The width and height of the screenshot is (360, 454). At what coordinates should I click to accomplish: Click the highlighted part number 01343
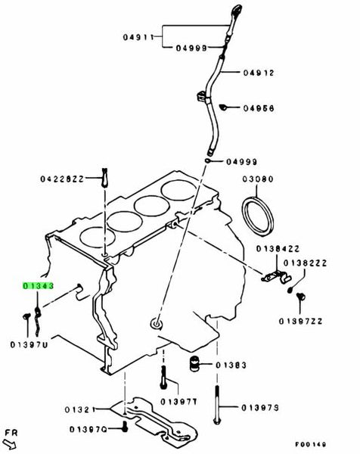tap(39, 286)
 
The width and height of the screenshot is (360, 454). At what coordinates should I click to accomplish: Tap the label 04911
tap(138, 37)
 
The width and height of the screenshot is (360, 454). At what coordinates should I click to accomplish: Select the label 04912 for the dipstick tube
tap(259, 73)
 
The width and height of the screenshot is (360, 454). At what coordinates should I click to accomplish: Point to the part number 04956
tap(259, 108)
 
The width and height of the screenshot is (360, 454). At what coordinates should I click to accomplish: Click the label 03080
tap(258, 179)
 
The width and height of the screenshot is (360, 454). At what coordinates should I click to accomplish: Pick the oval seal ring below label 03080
tap(257, 215)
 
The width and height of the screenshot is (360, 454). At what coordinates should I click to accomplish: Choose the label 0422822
tap(62, 179)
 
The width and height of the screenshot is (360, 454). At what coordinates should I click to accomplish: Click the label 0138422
tap(278, 249)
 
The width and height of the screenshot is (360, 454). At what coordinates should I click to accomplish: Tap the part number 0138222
tap(305, 263)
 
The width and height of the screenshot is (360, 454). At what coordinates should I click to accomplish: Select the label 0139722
tap(300, 322)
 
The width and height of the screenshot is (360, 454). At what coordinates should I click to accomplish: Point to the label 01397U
tap(29, 345)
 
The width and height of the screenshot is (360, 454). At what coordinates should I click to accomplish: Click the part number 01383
tap(231, 365)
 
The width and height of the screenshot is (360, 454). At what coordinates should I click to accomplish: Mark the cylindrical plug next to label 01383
tap(194, 364)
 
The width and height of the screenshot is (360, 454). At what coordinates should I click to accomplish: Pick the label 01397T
tap(178, 402)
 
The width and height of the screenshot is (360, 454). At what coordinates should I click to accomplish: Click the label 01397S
tap(260, 408)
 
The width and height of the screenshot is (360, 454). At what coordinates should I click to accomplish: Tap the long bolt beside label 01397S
tap(217, 405)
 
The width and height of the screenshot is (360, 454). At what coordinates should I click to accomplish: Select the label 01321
tap(80, 409)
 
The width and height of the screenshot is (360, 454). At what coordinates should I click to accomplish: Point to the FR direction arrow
tap(11, 443)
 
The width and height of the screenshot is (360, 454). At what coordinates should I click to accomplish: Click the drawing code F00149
tap(311, 444)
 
